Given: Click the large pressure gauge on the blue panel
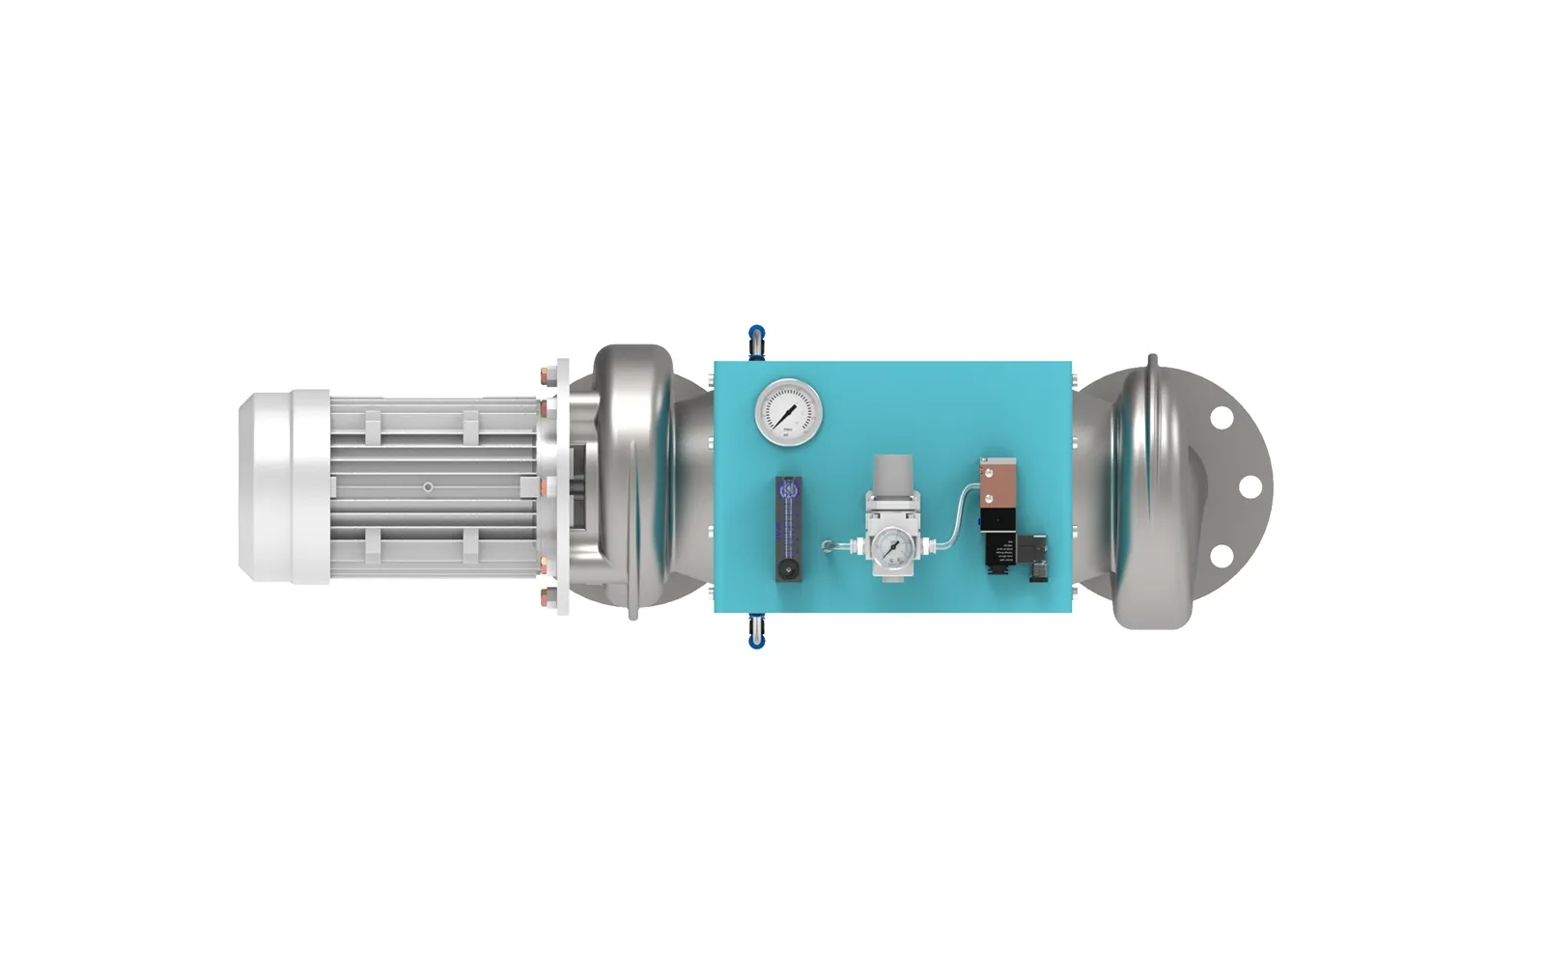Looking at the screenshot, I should click(789, 412).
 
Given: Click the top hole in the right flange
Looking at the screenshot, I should click(1222, 419).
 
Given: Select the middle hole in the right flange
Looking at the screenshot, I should click(1250, 486).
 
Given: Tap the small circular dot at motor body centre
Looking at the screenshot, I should click(428, 487).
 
